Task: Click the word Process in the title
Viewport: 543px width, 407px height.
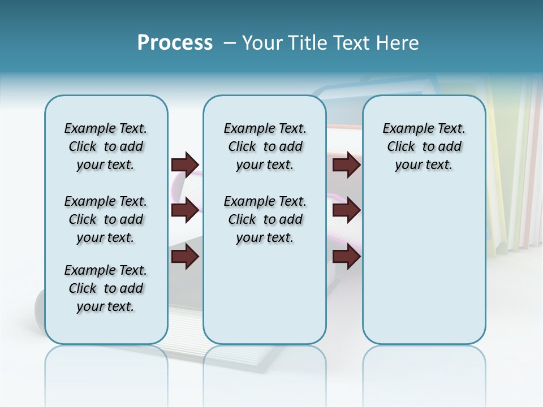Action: point(175,42)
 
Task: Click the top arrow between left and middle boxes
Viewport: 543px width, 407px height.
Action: point(185,164)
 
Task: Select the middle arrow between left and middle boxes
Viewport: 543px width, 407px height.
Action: point(185,210)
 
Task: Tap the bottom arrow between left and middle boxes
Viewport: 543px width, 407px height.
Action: point(185,257)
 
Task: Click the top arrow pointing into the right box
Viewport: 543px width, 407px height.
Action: point(346,164)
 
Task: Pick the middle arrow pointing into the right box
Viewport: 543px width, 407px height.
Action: point(346,210)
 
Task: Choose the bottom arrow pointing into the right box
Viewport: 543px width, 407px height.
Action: point(346,257)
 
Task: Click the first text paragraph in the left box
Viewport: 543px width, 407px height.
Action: point(106,146)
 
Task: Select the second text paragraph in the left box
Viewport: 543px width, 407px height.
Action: point(106,219)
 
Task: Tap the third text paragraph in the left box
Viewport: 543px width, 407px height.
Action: point(106,288)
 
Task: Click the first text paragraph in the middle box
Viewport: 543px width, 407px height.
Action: point(265,146)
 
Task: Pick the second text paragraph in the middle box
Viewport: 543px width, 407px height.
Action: point(265,219)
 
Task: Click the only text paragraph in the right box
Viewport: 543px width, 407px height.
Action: point(424,146)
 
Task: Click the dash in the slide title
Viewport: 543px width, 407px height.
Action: point(230,42)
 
